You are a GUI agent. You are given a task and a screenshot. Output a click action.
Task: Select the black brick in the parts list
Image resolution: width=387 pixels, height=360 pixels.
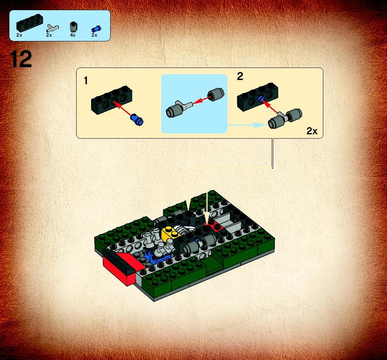[x=30, y=23]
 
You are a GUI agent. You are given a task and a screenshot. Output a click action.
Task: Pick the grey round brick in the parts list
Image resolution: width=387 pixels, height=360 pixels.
[x=73, y=27]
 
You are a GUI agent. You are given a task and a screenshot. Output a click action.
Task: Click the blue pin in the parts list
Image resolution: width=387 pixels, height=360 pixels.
[x=96, y=29]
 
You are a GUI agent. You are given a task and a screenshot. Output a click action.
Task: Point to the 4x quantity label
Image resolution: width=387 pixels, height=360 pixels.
[x=73, y=35]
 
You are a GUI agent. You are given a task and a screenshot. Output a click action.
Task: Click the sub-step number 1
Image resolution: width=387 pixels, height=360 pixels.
[x=86, y=81]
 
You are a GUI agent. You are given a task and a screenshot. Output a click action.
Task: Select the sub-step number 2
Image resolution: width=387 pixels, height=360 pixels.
[x=240, y=76]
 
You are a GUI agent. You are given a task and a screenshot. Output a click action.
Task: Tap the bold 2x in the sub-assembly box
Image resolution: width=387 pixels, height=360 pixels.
[x=312, y=131]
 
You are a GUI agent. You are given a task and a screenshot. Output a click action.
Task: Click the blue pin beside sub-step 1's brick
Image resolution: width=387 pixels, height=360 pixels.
[x=137, y=119]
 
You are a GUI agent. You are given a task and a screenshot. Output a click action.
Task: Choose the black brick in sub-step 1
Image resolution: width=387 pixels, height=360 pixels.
[x=111, y=100]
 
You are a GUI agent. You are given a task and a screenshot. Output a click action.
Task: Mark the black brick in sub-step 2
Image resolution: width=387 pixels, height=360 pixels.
[x=258, y=97]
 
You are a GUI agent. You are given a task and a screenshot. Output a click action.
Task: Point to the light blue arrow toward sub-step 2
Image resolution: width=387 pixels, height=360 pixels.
[x=247, y=125]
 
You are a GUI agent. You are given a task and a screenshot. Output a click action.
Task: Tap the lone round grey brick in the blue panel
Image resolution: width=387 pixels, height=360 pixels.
[x=216, y=94]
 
